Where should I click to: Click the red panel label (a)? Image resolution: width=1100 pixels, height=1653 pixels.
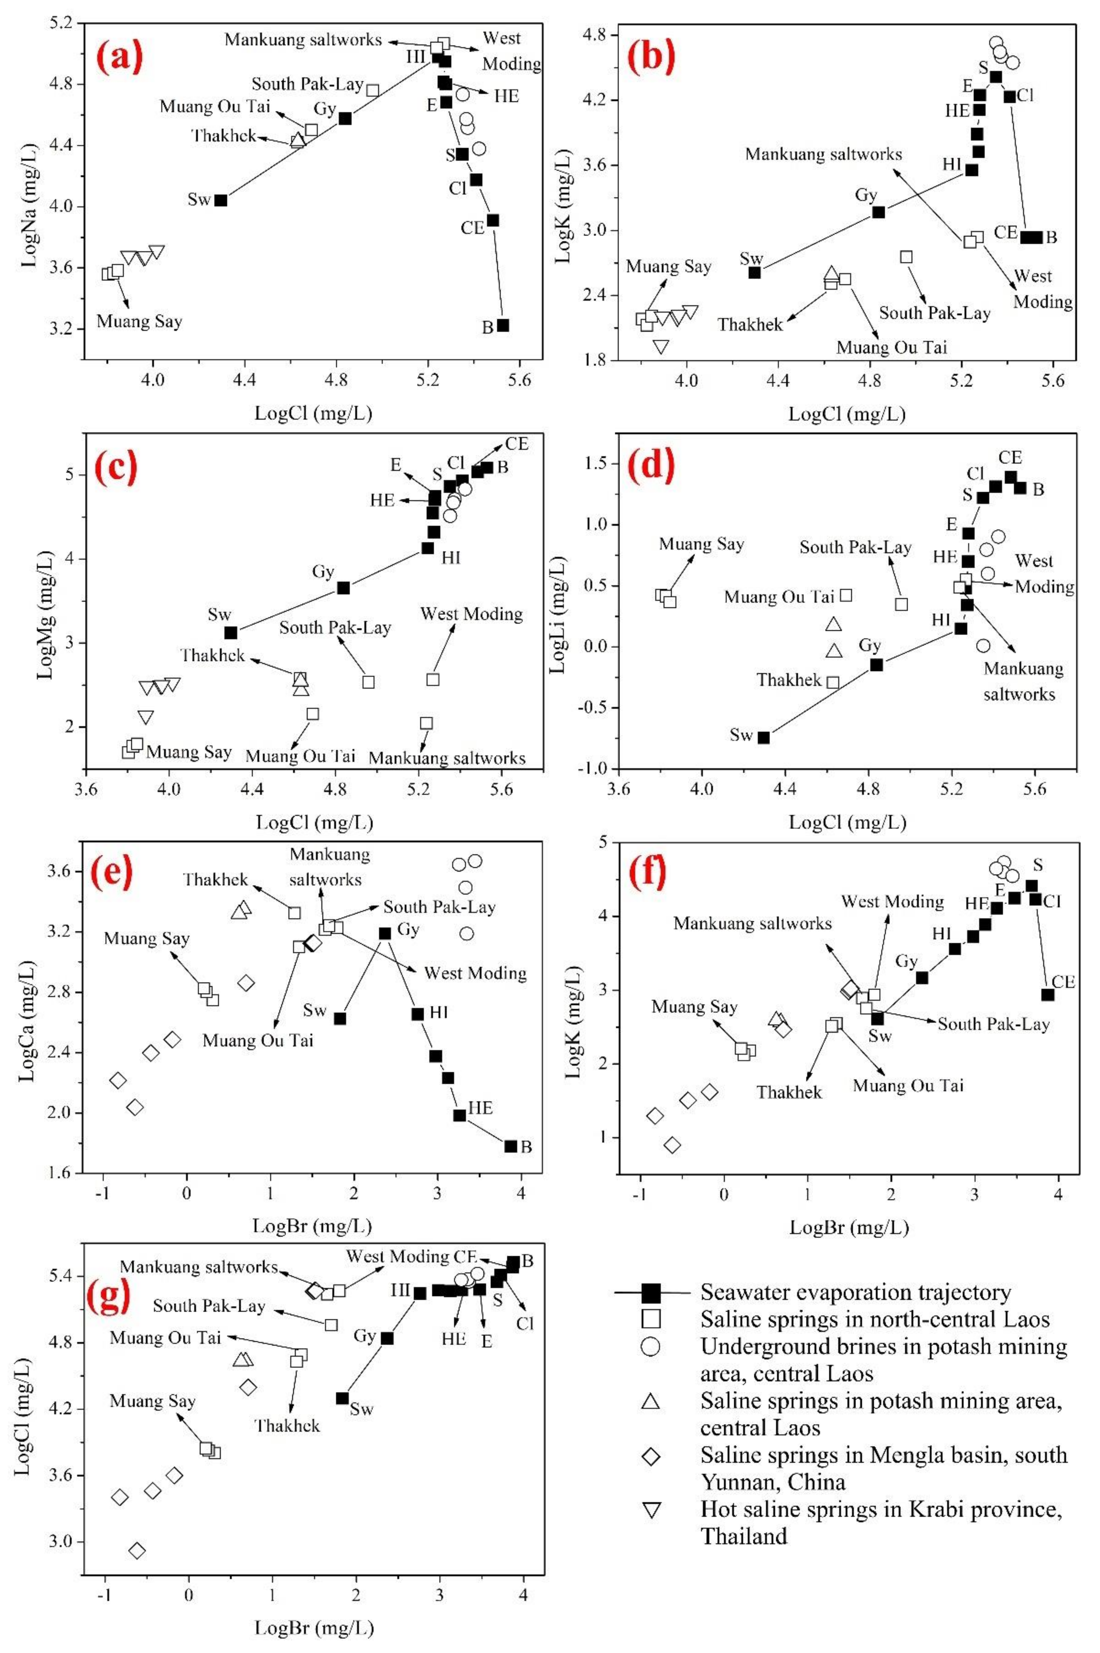pos(119,57)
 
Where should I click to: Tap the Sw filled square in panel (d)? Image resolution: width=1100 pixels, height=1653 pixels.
pos(763,737)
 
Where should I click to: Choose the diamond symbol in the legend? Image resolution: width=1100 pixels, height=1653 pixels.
pos(651,1457)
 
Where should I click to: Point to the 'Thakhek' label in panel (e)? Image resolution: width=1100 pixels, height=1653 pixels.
pos(215,879)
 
